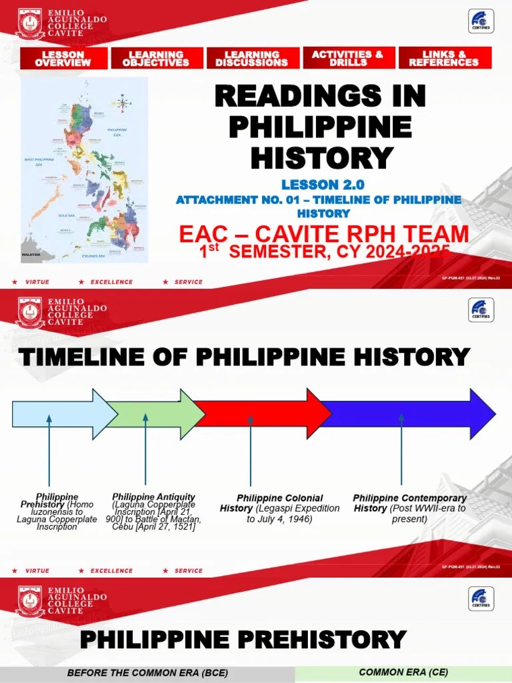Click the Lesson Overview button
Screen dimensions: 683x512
[x=63, y=58]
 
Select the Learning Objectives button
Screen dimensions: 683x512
[x=156, y=58]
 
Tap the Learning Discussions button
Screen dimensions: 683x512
[x=252, y=58]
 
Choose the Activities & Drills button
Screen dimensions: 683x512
[x=348, y=58]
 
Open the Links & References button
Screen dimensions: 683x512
[x=444, y=58]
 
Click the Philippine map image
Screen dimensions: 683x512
[x=84, y=170]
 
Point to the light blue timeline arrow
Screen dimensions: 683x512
[x=60, y=414]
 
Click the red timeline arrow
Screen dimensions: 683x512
[x=260, y=414]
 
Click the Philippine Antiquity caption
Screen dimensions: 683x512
[x=153, y=512]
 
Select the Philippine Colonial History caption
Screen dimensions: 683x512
[x=279, y=508]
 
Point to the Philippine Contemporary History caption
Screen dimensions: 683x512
[x=409, y=508]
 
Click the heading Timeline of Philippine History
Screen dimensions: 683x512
[x=245, y=357]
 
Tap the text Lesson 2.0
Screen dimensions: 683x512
[x=323, y=185]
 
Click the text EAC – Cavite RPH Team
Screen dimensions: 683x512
[x=323, y=234]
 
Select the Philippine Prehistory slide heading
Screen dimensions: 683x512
[x=243, y=640]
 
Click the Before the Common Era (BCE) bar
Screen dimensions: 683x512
[x=144, y=673]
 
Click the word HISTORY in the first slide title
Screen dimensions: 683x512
[x=321, y=157]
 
